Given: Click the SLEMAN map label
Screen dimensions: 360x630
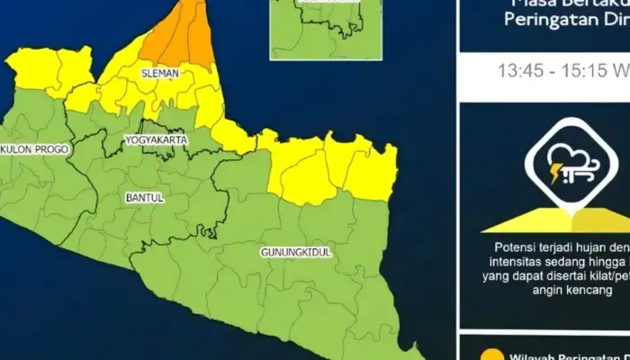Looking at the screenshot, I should pos(160,72).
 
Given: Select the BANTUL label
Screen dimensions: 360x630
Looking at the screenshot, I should pos(143,198).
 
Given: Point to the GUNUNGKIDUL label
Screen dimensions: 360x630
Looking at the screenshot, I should pos(297,253).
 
